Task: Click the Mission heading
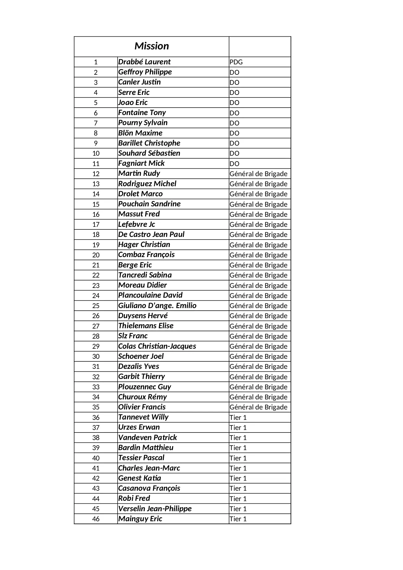click(x=152, y=46)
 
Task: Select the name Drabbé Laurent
click(x=144, y=62)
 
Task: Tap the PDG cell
click(x=236, y=62)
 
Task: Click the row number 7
click(x=96, y=123)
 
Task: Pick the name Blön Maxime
click(x=140, y=133)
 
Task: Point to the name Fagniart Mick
click(x=141, y=163)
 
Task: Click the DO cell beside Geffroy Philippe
click(x=234, y=72)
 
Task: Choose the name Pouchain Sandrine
click(x=149, y=204)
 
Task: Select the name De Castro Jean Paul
click(x=151, y=234)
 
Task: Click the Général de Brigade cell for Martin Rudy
click(x=258, y=174)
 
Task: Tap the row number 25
click(x=96, y=306)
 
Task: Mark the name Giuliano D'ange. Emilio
click(x=157, y=305)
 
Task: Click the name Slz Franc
click(x=133, y=336)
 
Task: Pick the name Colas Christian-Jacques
click(x=157, y=346)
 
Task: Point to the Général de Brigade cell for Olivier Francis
click(x=258, y=407)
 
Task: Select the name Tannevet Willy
click(x=143, y=417)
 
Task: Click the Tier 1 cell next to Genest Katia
click(x=238, y=478)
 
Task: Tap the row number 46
click(x=96, y=519)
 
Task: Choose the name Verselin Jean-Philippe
click(x=155, y=509)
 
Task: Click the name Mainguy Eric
click(x=140, y=519)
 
